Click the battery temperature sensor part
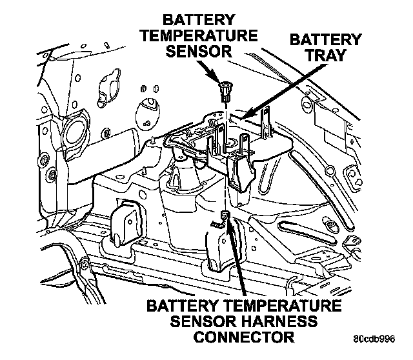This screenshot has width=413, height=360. click(225, 91)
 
